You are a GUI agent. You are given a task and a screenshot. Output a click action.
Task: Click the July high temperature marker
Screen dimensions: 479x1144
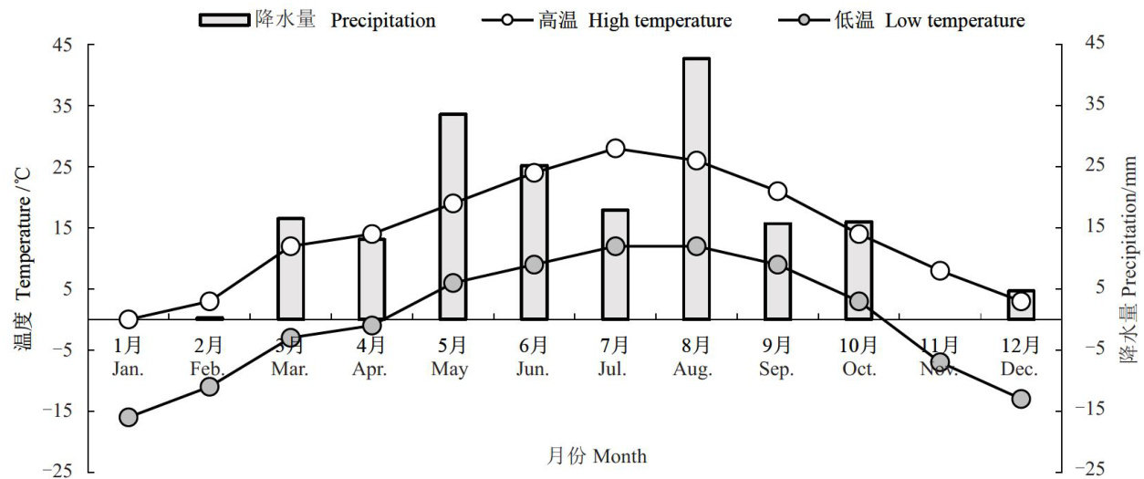coord(616,149)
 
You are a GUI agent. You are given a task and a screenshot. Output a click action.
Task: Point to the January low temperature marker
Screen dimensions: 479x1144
coord(129,417)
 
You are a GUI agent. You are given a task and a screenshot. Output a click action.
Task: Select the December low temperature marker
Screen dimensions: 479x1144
coord(1021,399)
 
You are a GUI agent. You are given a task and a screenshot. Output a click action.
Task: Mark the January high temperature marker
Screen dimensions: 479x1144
coord(129,319)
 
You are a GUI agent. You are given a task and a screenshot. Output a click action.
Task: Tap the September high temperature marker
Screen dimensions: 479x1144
coord(777,192)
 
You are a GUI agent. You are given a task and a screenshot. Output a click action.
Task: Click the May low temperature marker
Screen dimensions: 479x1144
coord(452,283)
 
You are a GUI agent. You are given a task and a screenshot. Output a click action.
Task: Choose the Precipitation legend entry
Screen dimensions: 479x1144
coord(317,20)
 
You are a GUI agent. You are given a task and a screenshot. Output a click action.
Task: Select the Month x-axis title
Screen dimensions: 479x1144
coord(598,455)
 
